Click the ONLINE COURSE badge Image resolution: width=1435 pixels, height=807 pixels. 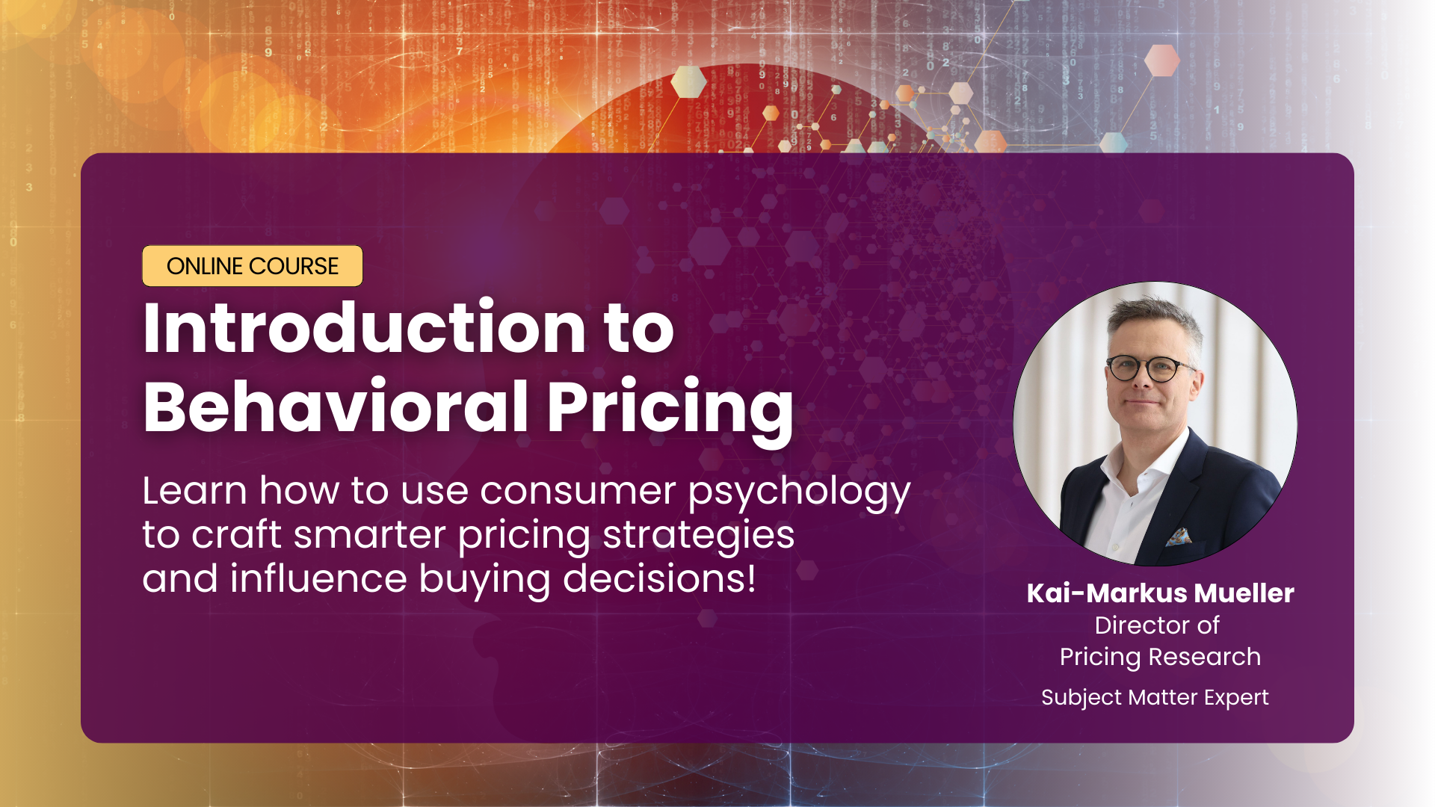tap(253, 266)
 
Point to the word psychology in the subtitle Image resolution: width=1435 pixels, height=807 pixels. tap(799, 493)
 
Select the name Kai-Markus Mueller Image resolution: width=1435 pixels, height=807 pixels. tap(1160, 593)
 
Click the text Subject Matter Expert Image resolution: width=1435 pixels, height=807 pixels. tap(1155, 697)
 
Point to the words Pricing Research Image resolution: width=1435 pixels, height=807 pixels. tap(1160, 657)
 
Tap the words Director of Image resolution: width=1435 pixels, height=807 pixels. tap(1157, 625)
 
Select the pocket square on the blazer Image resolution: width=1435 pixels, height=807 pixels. tap(1179, 537)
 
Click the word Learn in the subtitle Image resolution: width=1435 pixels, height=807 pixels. tap(194, 491)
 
